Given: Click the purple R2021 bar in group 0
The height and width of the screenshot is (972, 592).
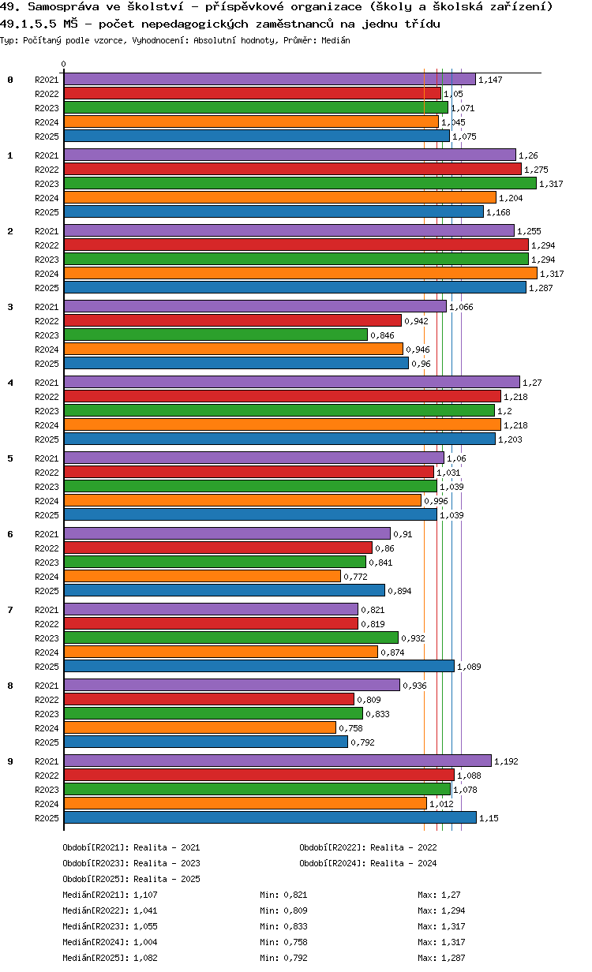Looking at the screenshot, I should [269, 80].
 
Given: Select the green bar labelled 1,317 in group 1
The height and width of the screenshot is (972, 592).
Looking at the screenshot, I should [300, 184].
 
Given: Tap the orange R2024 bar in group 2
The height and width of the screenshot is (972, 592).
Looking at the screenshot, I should [300, 274].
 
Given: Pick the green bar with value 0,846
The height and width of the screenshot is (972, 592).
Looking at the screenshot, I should [215, 335].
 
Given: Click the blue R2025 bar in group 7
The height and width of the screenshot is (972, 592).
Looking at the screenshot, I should [259, 667].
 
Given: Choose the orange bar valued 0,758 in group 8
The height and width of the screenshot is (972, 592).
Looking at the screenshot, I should [200, 728].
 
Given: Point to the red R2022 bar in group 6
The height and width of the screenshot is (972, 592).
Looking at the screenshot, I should [218, 548].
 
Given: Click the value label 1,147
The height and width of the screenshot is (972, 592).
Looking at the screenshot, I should [490, 80].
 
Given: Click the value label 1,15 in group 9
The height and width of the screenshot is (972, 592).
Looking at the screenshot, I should [489, 818].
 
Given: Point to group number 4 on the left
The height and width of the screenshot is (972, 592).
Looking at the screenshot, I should [10, 383].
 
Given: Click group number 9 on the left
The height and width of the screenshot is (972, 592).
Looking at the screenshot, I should [10, 761].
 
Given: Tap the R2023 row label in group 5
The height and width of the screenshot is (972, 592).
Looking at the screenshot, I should [47, 487].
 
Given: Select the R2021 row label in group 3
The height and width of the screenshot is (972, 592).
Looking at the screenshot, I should [47, 307].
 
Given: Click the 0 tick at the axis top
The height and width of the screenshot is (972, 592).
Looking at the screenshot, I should [64, 65].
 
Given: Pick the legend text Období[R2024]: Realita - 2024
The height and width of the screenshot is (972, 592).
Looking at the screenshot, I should [368, 863].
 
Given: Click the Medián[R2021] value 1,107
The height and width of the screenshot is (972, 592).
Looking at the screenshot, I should [146, 895].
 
